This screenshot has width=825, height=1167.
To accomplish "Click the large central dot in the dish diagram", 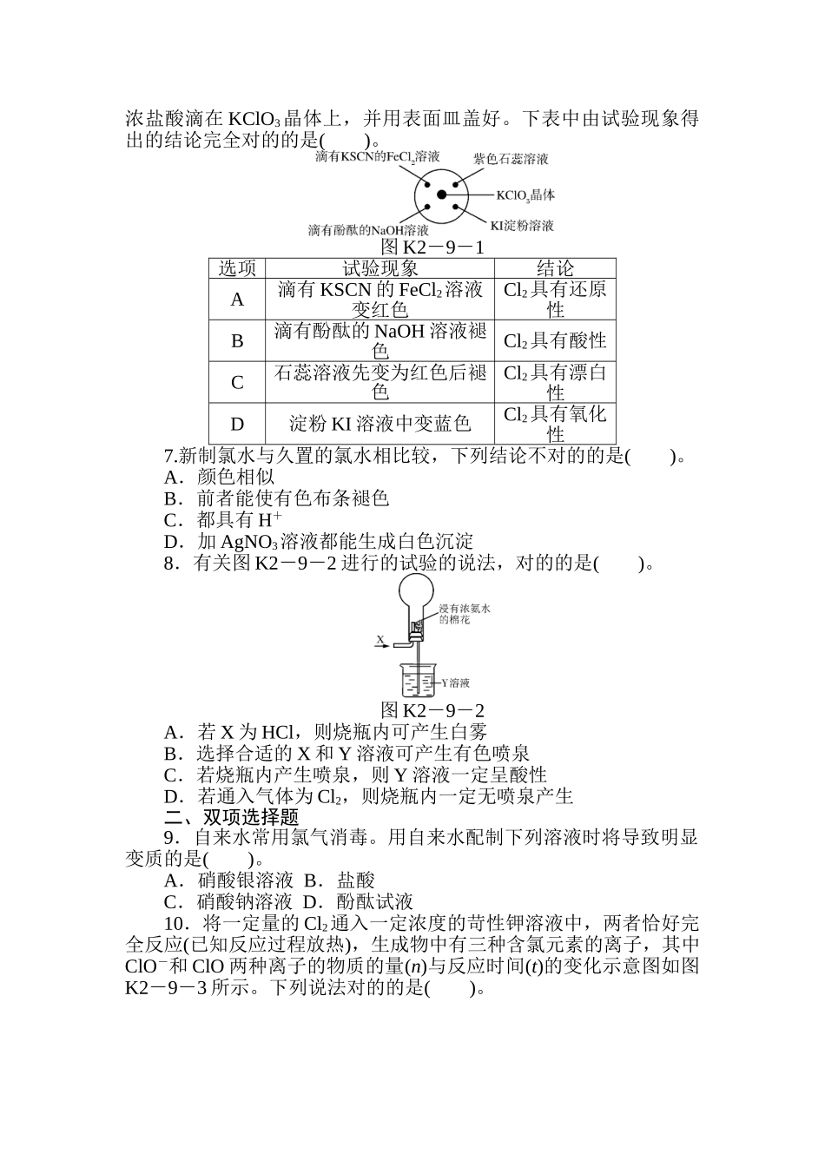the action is [441, 195].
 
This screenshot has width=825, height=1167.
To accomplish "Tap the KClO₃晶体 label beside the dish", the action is [525, 195].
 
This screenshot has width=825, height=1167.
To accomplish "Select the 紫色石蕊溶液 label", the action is [511, 159].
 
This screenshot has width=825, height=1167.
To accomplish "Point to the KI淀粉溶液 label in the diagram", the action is [521, 226].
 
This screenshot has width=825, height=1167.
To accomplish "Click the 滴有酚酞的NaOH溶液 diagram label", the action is [368, 230].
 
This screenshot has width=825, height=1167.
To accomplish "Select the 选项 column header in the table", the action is [237, 268].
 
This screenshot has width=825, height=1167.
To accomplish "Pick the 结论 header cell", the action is [555, 268].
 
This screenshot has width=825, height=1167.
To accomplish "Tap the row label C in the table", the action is [237, 382].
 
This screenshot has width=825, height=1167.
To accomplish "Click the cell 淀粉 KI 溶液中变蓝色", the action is [379, 424].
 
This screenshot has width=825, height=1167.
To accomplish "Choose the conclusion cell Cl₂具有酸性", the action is [555, 341].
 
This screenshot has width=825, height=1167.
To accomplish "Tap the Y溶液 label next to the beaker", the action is [453, 682].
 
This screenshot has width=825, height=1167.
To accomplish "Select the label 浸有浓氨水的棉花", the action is [464, 615].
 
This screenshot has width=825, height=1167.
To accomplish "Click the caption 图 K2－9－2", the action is [432, 710].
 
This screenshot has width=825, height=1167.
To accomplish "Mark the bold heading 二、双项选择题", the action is [231, 817].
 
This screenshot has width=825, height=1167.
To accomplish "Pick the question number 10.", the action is [176, 923].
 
